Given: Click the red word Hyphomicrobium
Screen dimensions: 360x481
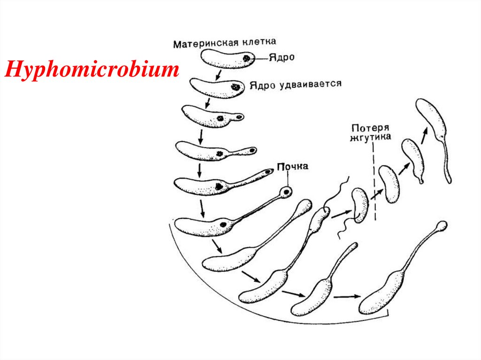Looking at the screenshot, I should pyautogui.click(x=92, y=71).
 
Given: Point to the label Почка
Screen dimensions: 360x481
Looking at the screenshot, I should pyautogui.click(x=292, y=167).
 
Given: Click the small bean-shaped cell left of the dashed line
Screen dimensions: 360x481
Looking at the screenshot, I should pyautogui.click(x=359, y=205).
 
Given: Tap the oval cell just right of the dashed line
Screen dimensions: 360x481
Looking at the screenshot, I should pyautogui.click(x=389, y=184).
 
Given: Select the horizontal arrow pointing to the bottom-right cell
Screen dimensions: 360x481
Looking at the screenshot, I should pyautogui.click(x=347, y=297).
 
